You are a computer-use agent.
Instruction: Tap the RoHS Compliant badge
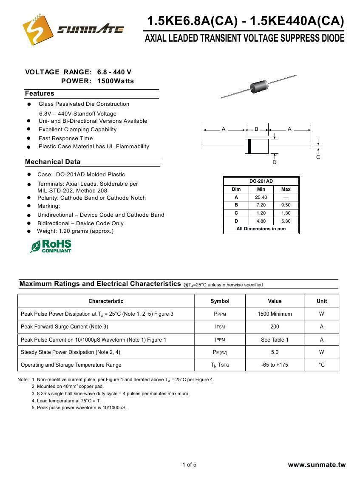tap(51, 246)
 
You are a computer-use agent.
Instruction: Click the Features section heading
tap(40, 93)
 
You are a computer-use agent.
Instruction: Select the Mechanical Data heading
tap(52, 162)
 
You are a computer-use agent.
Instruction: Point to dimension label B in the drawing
tap(256, 129)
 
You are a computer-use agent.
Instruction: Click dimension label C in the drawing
tap(318, 157)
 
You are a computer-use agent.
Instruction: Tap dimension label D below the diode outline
tap(275, 162)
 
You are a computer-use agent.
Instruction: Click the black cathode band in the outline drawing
tap(249, 147)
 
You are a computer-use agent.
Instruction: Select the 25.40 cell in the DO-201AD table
tap(261, 197)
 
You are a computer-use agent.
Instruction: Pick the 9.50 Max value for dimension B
tap(286, 205)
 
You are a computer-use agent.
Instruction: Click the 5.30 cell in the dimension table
tap(286, 221)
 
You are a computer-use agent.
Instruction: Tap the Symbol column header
tap(220, 301)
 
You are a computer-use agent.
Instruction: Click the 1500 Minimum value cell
tap(275, 314)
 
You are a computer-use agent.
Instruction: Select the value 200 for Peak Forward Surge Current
tap(275, 327)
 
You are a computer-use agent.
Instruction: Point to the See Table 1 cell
tap(275, 339)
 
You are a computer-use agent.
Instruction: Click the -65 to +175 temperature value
tap(275, 365)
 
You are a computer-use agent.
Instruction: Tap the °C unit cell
tap(321, 365)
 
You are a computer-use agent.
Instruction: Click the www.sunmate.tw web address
tap(317, 465)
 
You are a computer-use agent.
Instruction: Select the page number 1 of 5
tap(189, 464)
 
